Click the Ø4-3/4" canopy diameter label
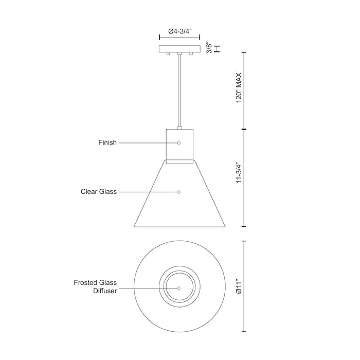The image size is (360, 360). pyautogui.click(x=179, y=31)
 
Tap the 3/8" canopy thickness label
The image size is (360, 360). pyautogui.click(x=209, y=48)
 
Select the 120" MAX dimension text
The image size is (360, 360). pyautogui.click(x=237, y=88)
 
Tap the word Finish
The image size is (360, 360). pyautogui.click(x=108, y=142)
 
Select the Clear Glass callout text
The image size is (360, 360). pyautogui.click(x=99, y=192)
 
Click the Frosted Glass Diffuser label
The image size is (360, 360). pyautogui.click(x=96, y=286)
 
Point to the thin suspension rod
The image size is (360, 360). pyautogui.click(x=179, y=90)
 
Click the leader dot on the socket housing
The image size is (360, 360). pyautogui.click(x=179, y=142)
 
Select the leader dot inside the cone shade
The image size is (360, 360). pyautogui.click(x=179, y=192)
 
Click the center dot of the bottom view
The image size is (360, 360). pyautogui.click(x=179, y=288)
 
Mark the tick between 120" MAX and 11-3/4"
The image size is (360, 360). pyautogui.click(x=243, y=129)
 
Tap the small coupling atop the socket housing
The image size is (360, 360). pyautogui.click(x=179, y=127)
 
